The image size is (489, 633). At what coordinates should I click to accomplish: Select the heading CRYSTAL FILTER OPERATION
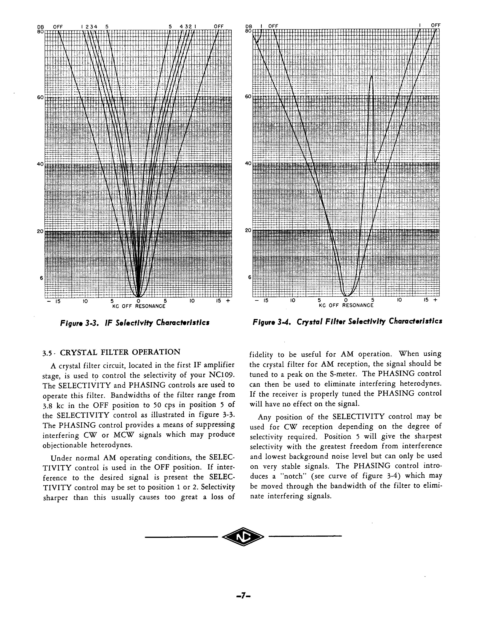coord(120,352)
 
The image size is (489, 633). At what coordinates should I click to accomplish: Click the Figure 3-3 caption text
coord(135,323)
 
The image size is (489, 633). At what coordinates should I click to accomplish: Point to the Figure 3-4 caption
coord(347,321)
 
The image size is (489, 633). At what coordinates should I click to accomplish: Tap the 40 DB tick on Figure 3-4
coord(248,163)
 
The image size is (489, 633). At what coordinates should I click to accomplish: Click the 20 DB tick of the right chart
coord(248,230)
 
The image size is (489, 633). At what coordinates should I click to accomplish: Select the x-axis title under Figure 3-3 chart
coord(138,306)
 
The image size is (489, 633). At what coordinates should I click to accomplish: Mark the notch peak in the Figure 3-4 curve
coord(371,76)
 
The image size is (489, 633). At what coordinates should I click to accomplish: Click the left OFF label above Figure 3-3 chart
coord(58,27)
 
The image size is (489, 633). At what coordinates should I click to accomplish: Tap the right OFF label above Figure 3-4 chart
coord(436,25)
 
